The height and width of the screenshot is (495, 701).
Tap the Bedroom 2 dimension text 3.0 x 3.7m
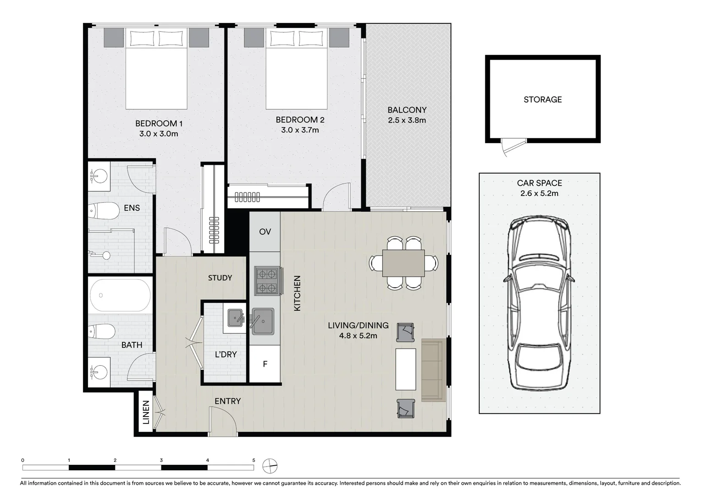tap(300, 130)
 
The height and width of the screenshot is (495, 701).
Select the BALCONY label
tap(407, 110)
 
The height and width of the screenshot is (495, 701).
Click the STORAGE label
tap(542, 99)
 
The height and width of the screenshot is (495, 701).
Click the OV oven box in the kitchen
tap(265, 231)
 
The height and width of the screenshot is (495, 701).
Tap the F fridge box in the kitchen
tap(265, 364)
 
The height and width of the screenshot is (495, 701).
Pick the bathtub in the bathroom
tap(120, 295)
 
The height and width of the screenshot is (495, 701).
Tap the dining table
tap(403, 263)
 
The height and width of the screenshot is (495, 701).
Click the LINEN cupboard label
tap(146, 412)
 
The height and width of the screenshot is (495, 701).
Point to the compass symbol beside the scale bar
tap(270, 466)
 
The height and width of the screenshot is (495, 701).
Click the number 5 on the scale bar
tap(254, 460)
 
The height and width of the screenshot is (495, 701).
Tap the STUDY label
tap(220, 278)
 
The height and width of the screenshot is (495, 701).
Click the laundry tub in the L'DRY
tap(235, 318)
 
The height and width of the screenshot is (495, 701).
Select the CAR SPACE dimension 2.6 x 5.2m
tap(539, 193)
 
